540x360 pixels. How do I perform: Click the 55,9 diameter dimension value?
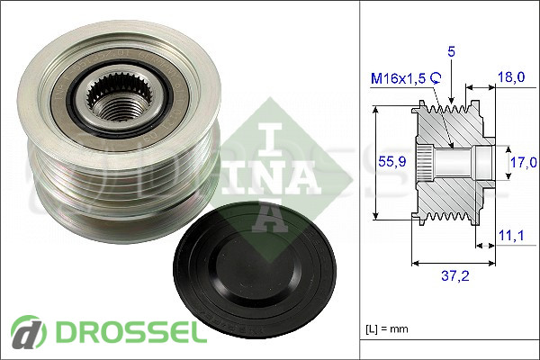pos(391,161)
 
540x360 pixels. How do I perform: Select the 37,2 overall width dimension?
pos(455,275)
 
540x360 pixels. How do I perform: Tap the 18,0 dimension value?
pos(511,77)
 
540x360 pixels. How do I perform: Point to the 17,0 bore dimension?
pos(524,162)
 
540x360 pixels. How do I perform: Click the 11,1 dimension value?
pos(511,235)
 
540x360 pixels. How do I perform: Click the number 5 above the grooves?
pos(451,51)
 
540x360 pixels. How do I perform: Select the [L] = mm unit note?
pos(387,328)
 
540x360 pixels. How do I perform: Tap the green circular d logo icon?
pos(29,332)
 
